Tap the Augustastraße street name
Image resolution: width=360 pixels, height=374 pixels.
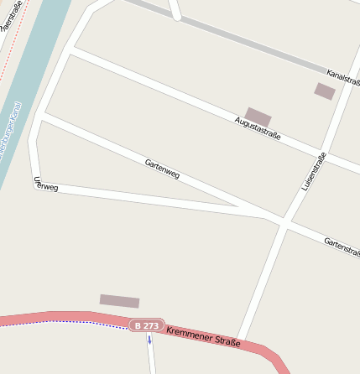point(258,128)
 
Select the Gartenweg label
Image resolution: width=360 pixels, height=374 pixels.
point(162,168)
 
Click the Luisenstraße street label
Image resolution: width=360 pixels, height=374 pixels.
point(313,170)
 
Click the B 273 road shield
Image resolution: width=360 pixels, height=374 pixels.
point(145,325)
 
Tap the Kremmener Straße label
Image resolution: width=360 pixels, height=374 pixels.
point(203,336)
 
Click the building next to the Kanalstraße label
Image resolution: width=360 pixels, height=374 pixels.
point(325,91)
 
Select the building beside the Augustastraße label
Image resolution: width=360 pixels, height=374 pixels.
point(258,117)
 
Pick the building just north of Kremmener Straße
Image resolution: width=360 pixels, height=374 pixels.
point(119,301)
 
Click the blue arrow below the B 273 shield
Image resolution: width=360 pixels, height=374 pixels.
point(149,340)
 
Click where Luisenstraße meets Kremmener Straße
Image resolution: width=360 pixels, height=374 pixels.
point(240,340)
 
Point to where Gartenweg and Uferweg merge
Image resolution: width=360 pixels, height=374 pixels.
point(243,207)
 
